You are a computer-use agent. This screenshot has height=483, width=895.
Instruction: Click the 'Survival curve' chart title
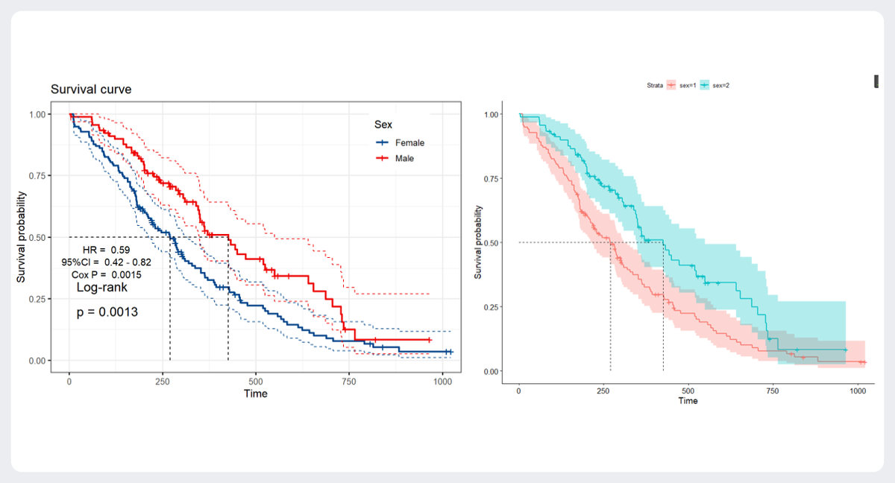click(x=91, y=89)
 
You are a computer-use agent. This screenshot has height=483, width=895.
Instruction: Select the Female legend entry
click(x=409, y=142)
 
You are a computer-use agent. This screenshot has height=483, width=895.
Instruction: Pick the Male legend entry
click(x=403, y=158)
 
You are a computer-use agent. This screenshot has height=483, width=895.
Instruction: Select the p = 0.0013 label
click(x=108, y=312)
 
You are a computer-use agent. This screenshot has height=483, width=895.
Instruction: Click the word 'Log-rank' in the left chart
click(x=102, y=287)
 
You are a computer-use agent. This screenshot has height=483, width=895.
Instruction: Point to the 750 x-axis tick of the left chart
click(x=349, y=380)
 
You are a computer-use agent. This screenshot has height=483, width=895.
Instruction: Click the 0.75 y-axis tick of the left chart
click(x=40, y=176)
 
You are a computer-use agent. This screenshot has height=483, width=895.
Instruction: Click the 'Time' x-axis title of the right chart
click(x=688, y=401)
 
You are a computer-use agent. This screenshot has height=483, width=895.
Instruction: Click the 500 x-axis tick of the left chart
click(x=256, y=380)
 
